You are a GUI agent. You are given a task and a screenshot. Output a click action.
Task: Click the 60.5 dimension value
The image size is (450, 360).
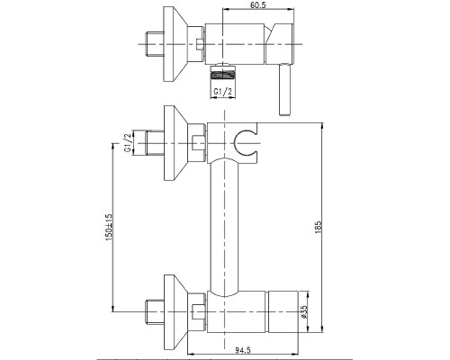pos(257,4)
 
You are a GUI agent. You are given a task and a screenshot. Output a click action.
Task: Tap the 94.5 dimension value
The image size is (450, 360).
pos(243,350)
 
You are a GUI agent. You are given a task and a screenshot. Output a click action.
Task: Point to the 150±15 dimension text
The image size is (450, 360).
pos(109,227)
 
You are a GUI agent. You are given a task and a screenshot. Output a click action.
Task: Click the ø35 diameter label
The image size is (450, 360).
pos(303,311)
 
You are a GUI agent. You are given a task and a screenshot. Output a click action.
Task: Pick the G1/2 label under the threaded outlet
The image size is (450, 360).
pos(223,92)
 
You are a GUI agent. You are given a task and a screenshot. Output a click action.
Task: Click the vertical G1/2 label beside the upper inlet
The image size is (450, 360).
pos(128,143)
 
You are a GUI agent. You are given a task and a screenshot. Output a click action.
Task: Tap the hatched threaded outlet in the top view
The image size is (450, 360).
pos(222,74)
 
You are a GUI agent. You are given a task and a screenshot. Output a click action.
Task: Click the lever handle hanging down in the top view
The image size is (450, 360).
pos(284,89)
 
